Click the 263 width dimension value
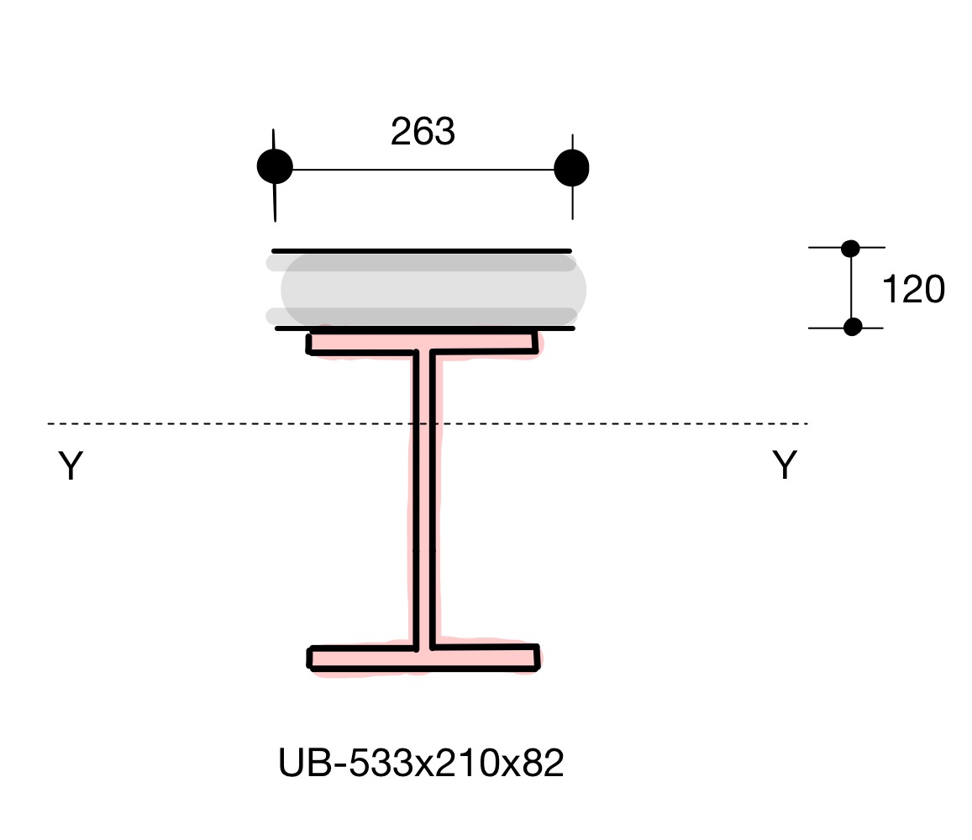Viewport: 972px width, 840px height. tap(423, 133)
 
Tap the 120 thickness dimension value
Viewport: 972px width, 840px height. tap(913, 290)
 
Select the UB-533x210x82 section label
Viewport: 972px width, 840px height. tap(421, 764)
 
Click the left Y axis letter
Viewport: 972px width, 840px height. tap(71, 466)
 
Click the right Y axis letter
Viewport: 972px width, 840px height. tap(784, 465)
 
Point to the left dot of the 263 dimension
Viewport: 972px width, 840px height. tap(275, 167)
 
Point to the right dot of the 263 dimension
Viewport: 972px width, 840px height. tap(572, 168)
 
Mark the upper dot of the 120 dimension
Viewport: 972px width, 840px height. tap(850, 248)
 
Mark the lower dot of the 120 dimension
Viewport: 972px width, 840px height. tap(853, 327)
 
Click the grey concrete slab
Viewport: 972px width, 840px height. tap(433, 290)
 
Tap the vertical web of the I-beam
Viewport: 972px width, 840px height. tap(423, 521)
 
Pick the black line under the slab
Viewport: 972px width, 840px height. tap(425, 328)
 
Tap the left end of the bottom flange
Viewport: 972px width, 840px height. tap(313, 658)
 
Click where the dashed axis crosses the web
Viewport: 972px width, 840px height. tap(423, 423)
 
